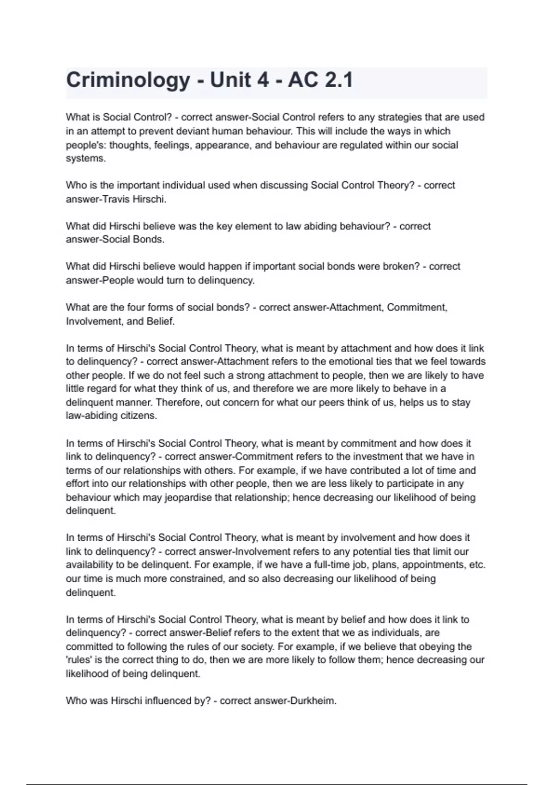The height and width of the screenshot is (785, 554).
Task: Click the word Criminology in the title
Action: pyautogui.click(x=128, y=80)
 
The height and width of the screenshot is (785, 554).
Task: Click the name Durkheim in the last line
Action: pyautogui.click(x=313, y=701)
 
